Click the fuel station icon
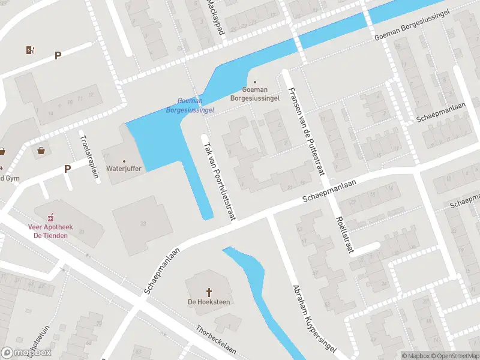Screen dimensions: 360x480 pyautogui.click(x=30, y=50)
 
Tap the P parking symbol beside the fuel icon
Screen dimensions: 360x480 pyautogui.click(x=58, y=56)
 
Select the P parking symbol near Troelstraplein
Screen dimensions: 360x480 pyautogui.click(x=68, y=169)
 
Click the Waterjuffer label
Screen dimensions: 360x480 pyautogui.click(x=124, y=169)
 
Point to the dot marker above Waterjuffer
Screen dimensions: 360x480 pyautogui.click(x=124, y=161)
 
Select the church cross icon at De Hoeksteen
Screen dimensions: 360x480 pyautogui.click(x=209, y=293)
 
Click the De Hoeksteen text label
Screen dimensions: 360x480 pyautogui.click(x=209, y=302)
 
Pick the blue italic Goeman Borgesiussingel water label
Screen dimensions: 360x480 pyautogui.click(x=190, y=106)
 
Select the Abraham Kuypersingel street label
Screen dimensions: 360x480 pyautogui.click(x=313, y=318)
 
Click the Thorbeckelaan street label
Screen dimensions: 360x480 pyautogui.click(x=216, y=338)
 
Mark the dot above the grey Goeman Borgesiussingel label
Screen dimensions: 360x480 pyautogui.click(x=255, y=82)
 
